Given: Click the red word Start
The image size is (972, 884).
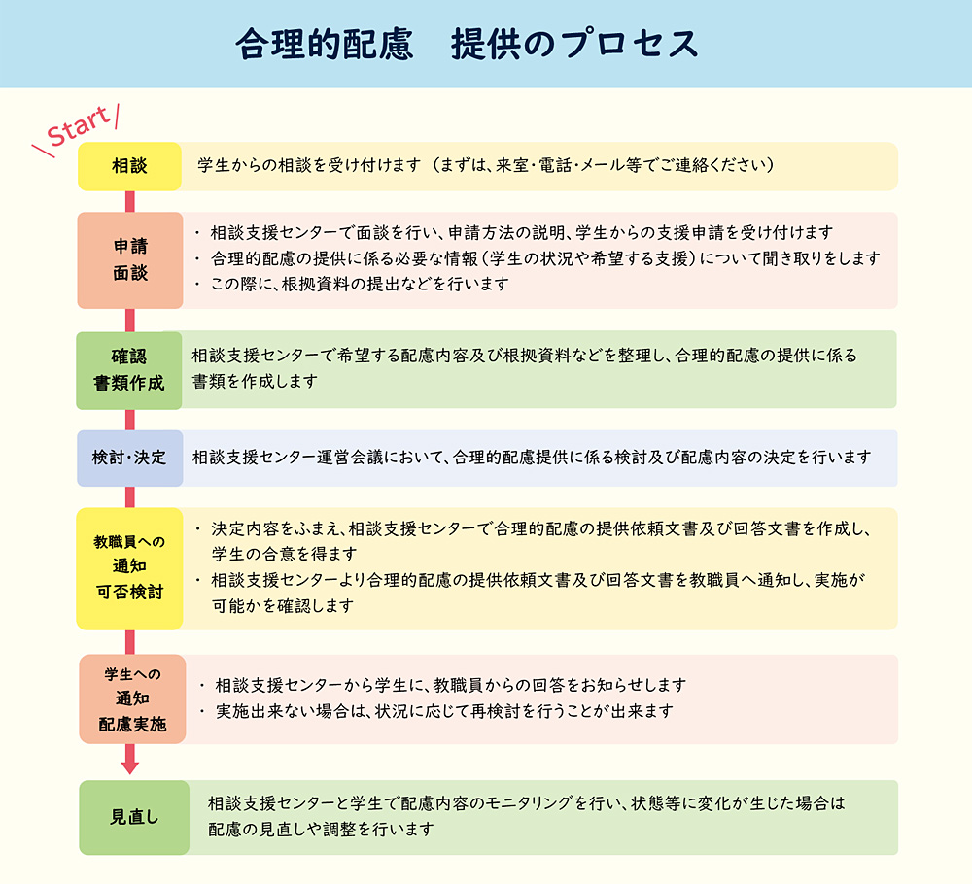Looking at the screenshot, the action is (78, 126).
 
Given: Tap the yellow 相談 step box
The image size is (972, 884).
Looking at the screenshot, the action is (129, 166).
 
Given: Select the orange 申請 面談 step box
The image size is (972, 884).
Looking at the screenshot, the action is (130, 260).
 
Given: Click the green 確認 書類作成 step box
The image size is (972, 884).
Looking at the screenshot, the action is (129, 370).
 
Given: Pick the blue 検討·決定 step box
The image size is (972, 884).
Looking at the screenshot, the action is (129, 458).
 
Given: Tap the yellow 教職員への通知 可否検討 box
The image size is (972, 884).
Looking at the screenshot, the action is (129, 568).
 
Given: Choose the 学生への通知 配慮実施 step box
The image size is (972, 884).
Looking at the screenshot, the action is (132, 698).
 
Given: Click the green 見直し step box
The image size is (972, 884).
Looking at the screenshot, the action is (134, 817).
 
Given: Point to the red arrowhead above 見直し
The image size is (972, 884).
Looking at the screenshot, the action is (130, 766).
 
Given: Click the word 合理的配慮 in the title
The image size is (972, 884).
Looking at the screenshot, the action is (325, 45).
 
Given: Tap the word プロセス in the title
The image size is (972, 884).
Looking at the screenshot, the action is (630, 45).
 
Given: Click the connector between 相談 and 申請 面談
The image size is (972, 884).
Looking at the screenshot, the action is (130, 202).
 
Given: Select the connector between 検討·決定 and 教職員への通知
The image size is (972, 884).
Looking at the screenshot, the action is (130, 497).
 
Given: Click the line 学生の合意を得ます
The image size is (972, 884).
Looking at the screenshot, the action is (285, 554).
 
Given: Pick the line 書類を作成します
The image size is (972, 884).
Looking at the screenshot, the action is (255, 381).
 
